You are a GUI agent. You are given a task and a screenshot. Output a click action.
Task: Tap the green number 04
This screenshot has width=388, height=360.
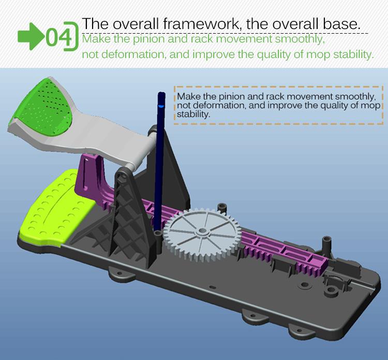pyautogui.click(x=59, y=37)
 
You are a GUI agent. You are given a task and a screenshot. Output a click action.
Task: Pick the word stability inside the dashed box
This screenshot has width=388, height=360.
pyautogui.click(x=193, y=114)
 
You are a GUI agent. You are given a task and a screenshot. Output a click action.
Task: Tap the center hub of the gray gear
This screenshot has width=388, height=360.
pyautogui.click(x=203, y=231)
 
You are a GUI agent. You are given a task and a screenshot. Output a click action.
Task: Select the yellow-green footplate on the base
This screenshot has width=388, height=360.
pyautogui.click(x=54, y=208)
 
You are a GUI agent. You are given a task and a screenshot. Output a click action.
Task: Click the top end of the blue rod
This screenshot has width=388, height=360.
pyautogui.click(x=161, y=94)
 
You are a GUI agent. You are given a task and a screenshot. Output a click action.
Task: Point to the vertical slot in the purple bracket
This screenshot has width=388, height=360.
pyautogui.click(x=85, y=174)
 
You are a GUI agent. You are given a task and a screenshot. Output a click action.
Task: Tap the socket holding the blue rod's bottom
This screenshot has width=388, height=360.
pyautogui.click(x=157, y=234)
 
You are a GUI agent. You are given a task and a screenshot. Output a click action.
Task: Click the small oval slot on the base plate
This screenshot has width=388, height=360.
pyautogui.click(x=212, y=287)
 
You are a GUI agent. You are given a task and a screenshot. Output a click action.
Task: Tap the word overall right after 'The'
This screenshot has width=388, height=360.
pyautogui.click(x=136, y=24)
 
